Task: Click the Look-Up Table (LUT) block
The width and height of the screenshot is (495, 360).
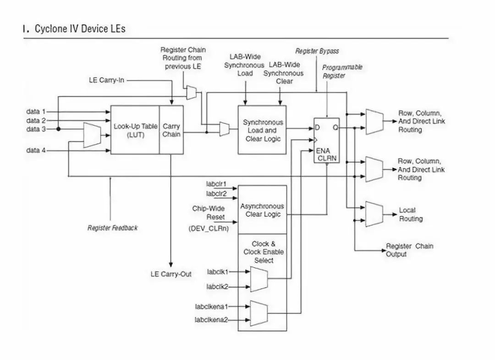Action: click(135, 130)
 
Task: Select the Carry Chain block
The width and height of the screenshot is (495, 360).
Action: click(171, 130)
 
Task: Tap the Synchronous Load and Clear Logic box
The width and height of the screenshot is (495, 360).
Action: click(262, 130)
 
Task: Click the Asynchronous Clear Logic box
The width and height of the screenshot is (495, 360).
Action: click(262, 210)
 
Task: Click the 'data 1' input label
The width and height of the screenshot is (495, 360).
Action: click(36, 111)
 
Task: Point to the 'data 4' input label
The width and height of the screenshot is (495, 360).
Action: click(36, 150)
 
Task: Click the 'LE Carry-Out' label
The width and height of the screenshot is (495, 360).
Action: click(171, 274)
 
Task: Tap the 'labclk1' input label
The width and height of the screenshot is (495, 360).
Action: click(217, 272)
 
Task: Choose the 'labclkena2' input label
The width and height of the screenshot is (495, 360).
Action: click(211, 320)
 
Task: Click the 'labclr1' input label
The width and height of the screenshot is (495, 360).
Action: click(216, 184)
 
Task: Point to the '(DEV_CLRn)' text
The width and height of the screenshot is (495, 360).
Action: click(209, 228)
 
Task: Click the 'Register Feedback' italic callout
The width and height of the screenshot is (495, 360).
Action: click(112, 228)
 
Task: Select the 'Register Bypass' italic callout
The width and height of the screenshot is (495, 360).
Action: click(317, 51)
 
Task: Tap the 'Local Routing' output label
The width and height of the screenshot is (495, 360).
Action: click(410, 215)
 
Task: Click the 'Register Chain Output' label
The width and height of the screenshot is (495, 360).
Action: click(409, 250)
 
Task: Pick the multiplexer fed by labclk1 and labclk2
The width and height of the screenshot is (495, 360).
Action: click(259, 279)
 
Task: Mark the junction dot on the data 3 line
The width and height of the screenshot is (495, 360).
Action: click(59, 129)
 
